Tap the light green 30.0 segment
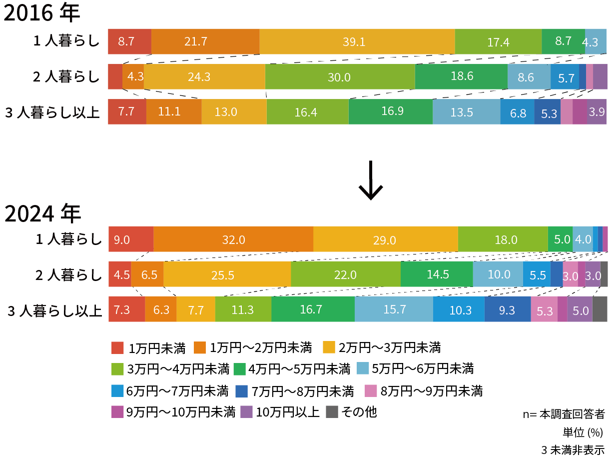click(x=340, y=77)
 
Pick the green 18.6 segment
click(x=461, y=76)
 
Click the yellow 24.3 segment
click(x=204, y=77)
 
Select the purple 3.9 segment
click(x=597, y=112)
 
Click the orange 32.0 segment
click(x=233, y=239)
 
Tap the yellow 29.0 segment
click(x=385, y=239)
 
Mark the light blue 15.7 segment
click(x=394, y=309)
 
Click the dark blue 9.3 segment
click(x=507, y=309)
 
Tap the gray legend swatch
click(x=332, y=411)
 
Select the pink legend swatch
click(x=371, y=390)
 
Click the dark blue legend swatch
click(x=241, y=391)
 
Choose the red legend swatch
click(x=117, y=347)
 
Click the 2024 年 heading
click(x=42, y=214)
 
